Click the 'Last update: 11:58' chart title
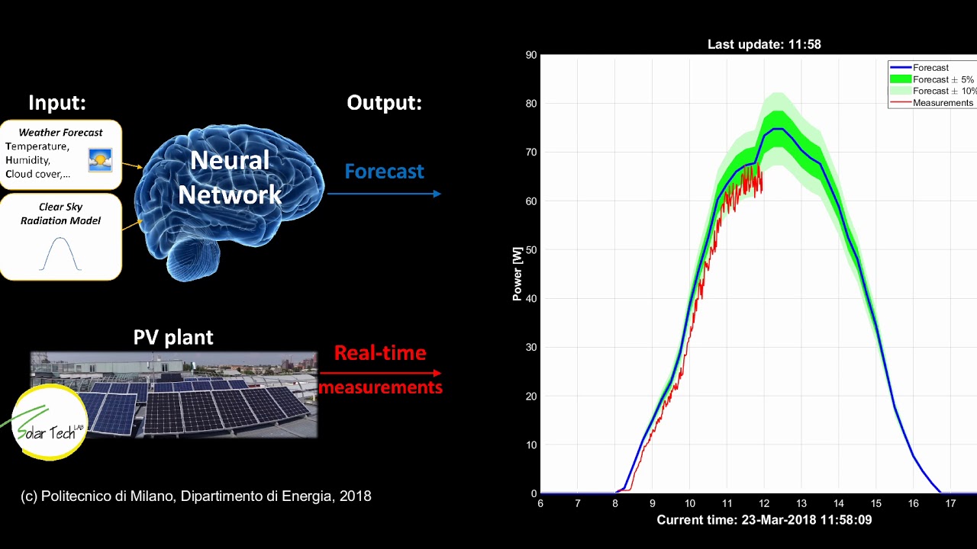point(764,44)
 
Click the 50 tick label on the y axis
point(531,250)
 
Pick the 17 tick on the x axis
point(950,503)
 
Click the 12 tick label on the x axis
point(764,503)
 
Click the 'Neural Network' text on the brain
point(230,178)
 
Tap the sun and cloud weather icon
point(100,159)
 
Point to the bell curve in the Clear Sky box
point(60,254)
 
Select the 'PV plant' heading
point(173,337)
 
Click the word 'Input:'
point(57,102)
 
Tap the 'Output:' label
point(384,102)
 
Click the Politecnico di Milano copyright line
point(195,496)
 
